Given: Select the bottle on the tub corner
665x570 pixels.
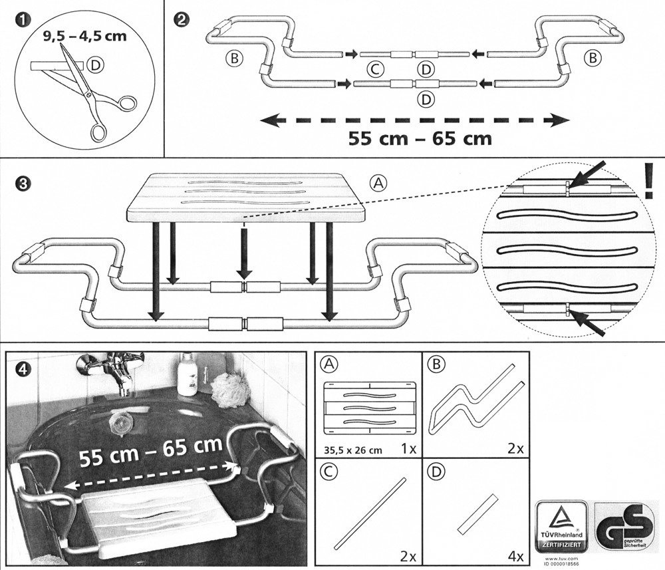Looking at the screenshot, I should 188,375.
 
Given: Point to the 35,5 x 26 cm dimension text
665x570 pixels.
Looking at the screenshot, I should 352,450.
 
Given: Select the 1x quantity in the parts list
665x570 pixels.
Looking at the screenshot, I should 408,449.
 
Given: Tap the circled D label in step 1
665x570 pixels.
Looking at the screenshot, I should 97,65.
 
